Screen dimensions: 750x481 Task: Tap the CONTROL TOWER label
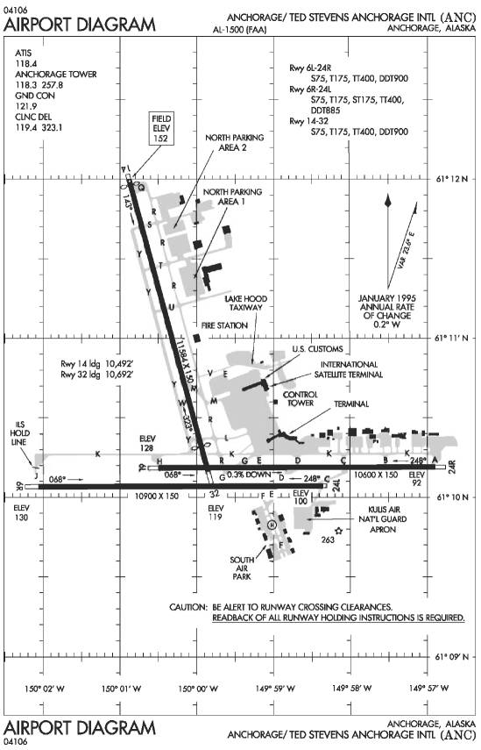(301, 400)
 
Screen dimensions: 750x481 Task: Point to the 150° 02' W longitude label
(45, 689)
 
